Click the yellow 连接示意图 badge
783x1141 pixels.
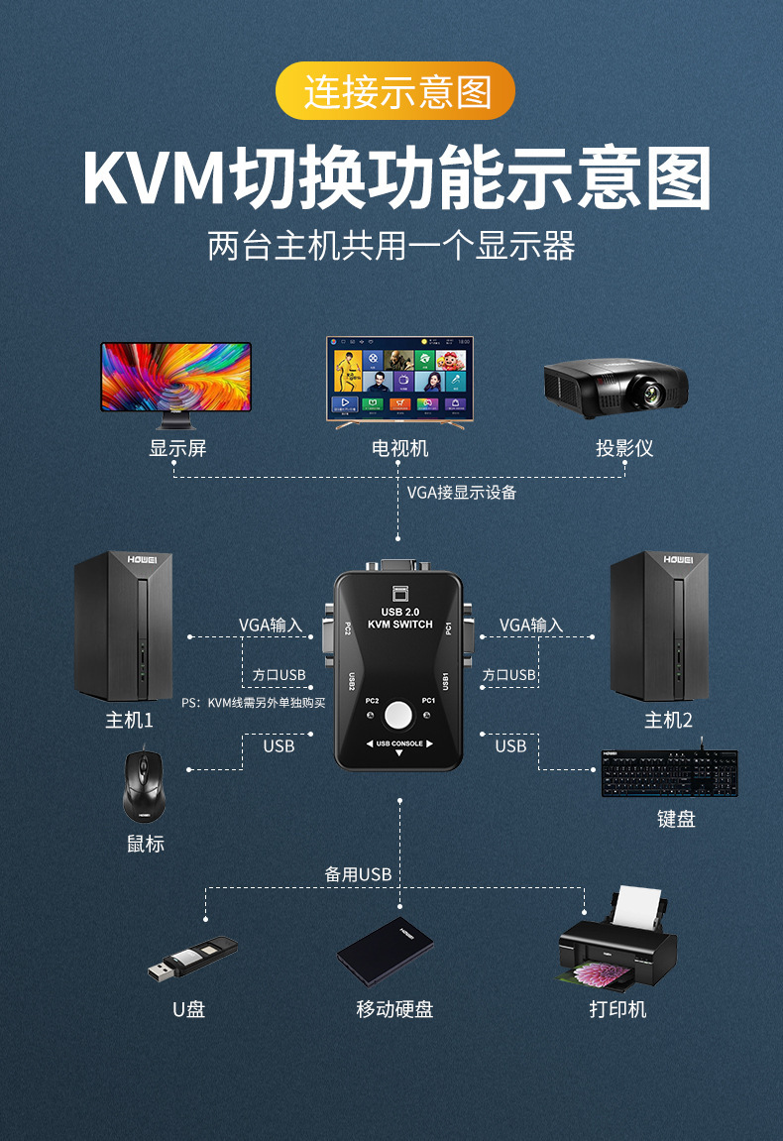(x=395, y=91)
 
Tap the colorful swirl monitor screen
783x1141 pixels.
(x=176, y=377)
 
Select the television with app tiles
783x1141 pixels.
(x=399, y=382)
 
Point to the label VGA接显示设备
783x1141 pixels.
(x=461, y=493)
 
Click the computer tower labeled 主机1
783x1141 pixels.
(x=124, y=626)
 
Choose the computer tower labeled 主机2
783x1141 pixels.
(x=659, y=626)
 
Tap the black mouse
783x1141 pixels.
(x=144, y=786)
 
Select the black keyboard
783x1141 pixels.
(x=669, y=773)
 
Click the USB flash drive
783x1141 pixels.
(x=193, y=959)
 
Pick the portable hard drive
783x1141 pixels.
(x=385, y=952)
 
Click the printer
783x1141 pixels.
(x=617, y=940)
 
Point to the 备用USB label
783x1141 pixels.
(x=358, y=874)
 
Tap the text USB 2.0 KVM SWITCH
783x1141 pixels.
(x=399, y=618)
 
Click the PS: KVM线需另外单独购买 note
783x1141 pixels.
(x=254, y=702)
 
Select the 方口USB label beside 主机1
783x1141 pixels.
(x=279, y=675)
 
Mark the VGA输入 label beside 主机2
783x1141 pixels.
(x=531, y=626)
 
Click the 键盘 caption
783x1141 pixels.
(x=676, y=819)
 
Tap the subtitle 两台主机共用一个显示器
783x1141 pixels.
(x=391, y=246)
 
